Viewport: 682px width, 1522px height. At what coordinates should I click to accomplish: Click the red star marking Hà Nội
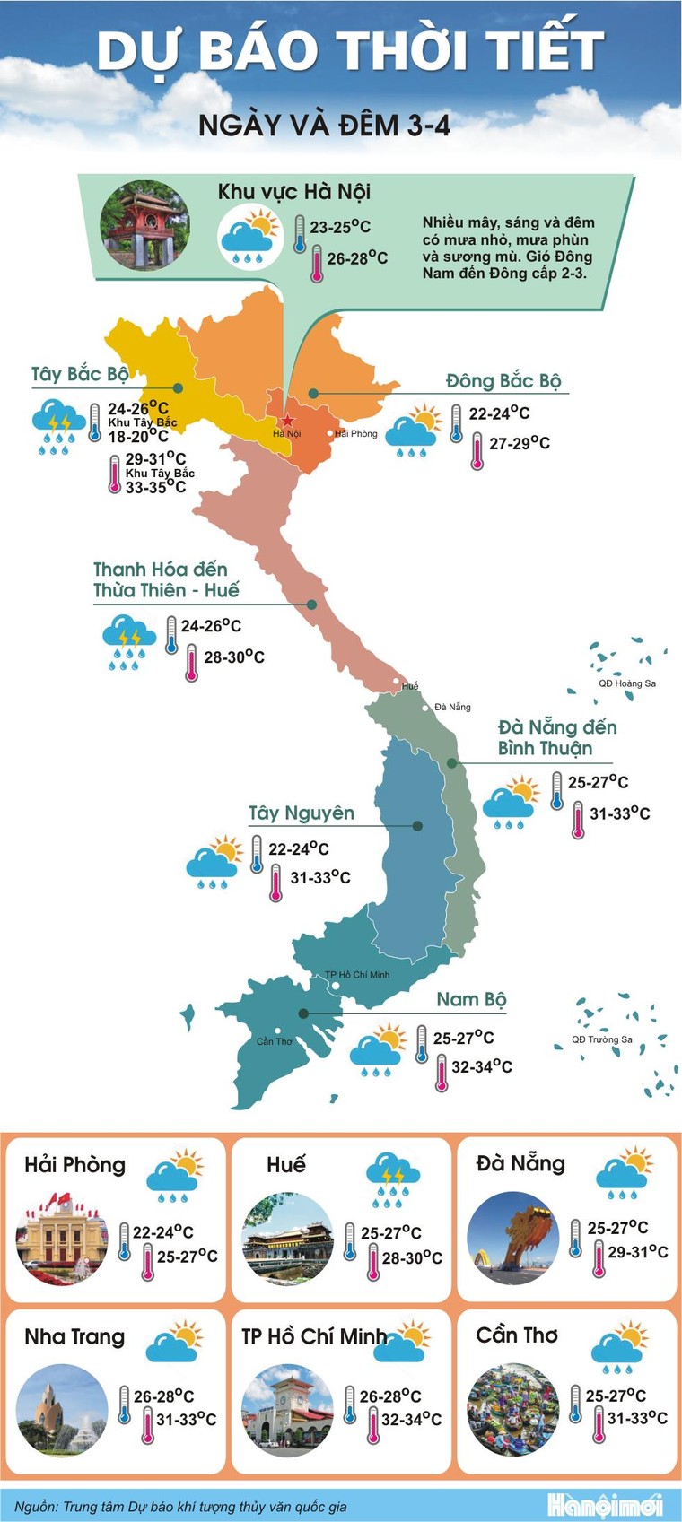pyautogui.click(x=287, y=421)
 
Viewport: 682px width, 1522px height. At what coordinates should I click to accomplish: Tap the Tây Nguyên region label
pyautogui.click(x=302, y=813)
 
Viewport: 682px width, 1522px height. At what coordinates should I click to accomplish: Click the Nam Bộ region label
pyautogui.click(x=471, y=999)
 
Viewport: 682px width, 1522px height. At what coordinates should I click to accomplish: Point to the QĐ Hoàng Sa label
pyautogui.click(x=626, y=683)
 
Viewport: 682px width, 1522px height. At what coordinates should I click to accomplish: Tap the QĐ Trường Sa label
pyautogui.click(x=601, y=1039)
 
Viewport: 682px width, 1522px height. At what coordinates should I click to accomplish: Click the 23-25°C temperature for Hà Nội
pyautogui.click(x=340, y=228)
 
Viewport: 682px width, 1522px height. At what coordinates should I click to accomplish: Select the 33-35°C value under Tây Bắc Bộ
pyautogui.click(x=156, y=487)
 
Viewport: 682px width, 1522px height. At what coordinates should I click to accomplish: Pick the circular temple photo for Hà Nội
pyautogui.click(x=144, y=226)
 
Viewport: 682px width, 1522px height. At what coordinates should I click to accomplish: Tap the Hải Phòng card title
pyautogui.click(x=74, y=1165)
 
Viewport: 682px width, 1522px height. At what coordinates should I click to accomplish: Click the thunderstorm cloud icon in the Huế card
pyautogui.click(x=392, y=1178)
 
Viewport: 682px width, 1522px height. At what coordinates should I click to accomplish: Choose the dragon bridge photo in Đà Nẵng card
pyautogui.click(x=512, y=1238)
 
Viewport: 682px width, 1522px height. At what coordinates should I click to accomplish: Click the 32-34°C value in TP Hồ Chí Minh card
pyautogui.click(x=411, y=1419)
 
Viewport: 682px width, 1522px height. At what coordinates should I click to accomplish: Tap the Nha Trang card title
pyautogui.click(x=74, y=1336)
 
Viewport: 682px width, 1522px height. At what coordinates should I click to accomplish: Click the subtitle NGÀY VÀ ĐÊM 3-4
pyautogui.click(x=324, y=126)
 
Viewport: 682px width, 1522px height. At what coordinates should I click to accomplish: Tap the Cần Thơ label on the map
pyautogui.click(x=274, y=1041)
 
